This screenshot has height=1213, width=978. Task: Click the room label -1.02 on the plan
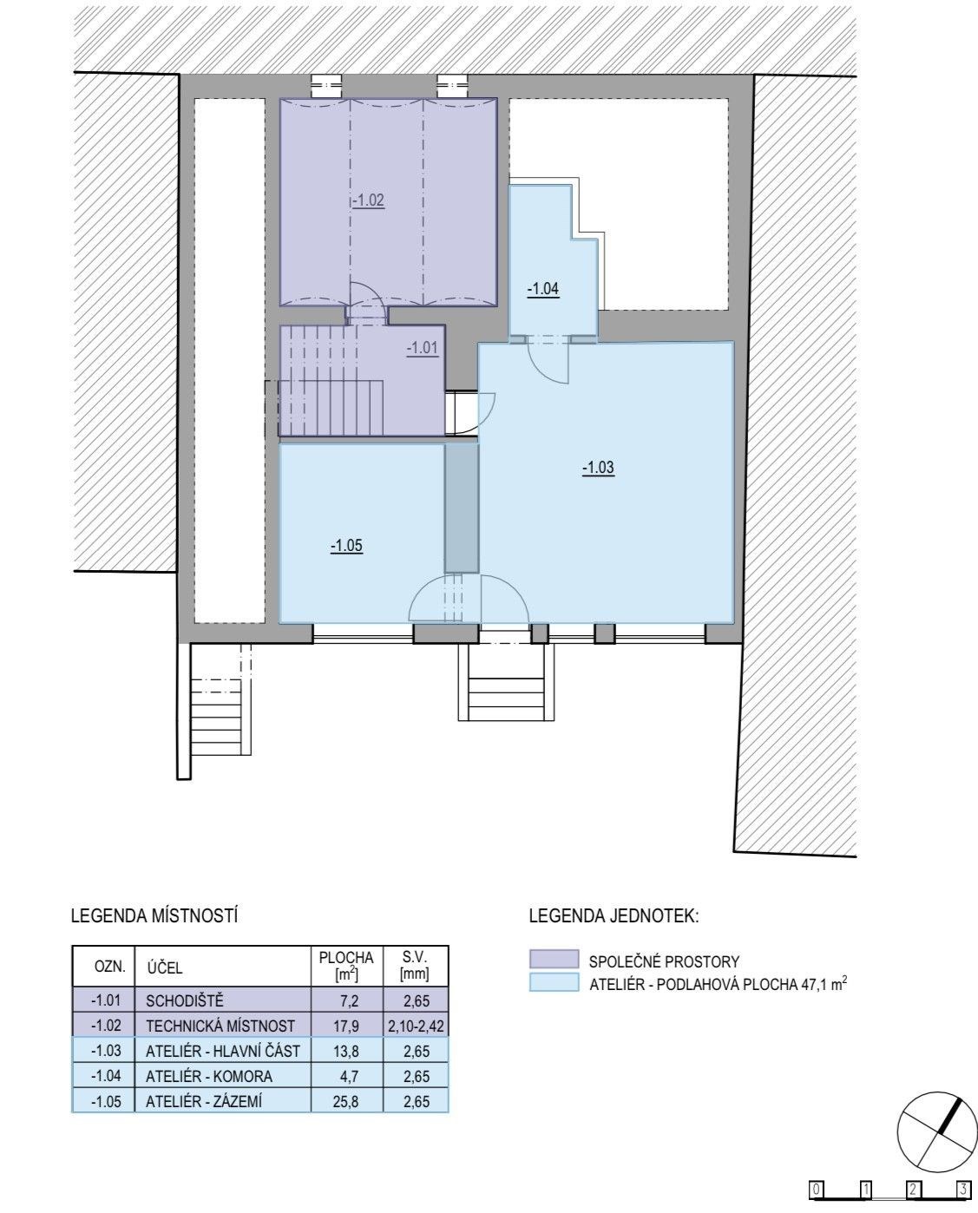point(368,200)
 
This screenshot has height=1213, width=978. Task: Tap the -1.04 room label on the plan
point(543,289)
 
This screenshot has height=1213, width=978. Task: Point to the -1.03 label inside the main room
point(598,468)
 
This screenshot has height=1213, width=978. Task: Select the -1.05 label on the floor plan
point(346,546)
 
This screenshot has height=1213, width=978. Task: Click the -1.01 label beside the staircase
point(423,348)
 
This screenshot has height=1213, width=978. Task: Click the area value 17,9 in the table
point(346,1026)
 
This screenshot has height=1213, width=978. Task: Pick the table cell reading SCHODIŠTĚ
point(185,1001)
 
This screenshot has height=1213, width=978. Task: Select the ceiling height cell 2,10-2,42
point(417,1026)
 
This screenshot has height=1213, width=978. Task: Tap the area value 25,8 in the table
point(346,1101)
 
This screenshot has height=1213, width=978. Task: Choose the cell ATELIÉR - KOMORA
point(209,1076)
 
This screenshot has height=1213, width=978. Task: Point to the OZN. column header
point(110,966)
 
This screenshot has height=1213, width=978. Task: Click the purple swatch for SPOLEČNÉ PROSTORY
point(555,960)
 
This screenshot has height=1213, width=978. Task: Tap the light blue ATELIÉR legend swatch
point(555,982)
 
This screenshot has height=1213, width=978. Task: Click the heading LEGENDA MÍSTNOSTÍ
point(154,915)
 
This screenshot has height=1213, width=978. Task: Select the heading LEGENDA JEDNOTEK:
point(614,916)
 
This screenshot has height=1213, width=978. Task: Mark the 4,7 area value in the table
point(348,1076)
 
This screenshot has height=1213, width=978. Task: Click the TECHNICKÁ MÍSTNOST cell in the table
point(220,1026)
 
